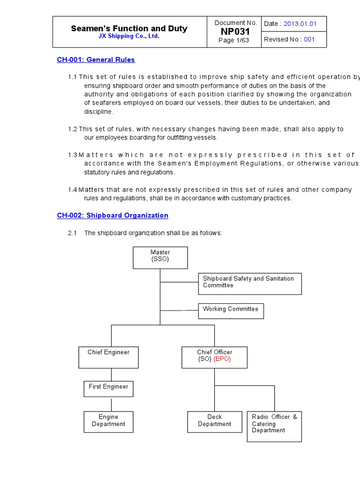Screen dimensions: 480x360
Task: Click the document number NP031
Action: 236,31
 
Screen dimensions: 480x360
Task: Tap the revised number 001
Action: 309,39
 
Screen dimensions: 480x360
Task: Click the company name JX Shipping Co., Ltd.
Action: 129,36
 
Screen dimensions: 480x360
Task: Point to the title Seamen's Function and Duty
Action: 129,29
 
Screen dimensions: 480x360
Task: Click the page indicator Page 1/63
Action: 233,40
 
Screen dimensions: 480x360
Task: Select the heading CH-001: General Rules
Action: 96,60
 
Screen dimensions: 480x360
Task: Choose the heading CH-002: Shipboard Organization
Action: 112,216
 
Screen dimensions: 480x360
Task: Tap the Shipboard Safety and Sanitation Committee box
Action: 249,283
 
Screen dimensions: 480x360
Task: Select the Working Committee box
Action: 231,310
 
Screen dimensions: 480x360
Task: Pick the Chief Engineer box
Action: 109,357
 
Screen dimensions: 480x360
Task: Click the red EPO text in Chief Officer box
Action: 222,359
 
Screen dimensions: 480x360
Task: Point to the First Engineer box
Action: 108,388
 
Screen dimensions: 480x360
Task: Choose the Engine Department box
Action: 108,421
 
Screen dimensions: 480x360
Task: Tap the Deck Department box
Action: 215,421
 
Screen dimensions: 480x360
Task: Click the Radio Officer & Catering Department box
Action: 274,426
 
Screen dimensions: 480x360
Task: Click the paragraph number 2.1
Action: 72,233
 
